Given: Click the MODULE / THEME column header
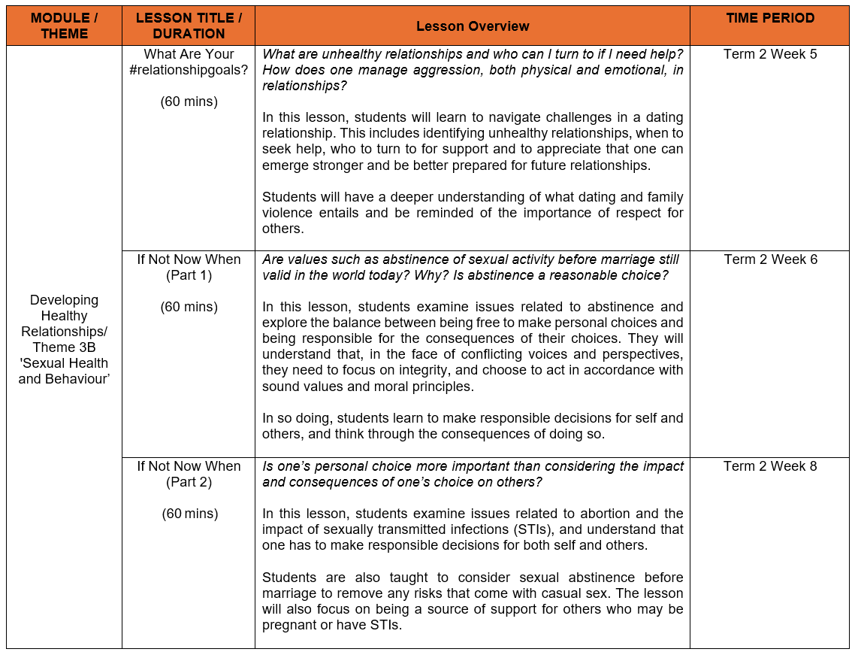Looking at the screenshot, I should click(x=64, y=26).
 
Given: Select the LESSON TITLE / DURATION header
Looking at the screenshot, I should click(x=189, y=26).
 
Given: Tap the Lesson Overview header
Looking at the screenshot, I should click(x=472, y=26).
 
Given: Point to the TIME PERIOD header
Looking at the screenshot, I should click(x=769, y=18).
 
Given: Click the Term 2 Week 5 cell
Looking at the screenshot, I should click(x=769, y=54).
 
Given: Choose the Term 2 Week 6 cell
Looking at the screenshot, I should click(x=769, y=259).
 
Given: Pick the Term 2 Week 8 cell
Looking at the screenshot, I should click(x=769, y=466).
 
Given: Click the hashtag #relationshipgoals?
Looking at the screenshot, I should click(x=189, y=70).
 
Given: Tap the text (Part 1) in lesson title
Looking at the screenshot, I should click(x=189, y=275).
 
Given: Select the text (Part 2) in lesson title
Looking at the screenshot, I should click(x=189, y=482).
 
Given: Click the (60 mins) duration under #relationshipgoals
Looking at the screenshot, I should click(x=189, y=102).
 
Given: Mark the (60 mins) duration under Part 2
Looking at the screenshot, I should click(x=189, y=514).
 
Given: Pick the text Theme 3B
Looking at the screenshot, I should click(x=64, y=347).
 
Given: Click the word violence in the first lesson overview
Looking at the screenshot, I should click(x=286, y=213).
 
